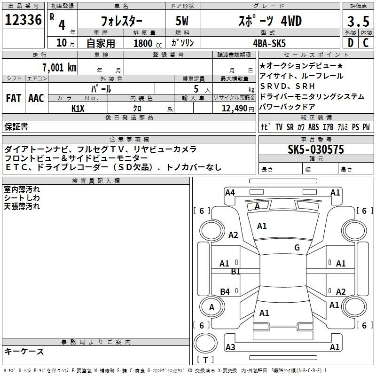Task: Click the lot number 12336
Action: click(x=23, y=20)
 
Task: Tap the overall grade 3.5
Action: click(x=358, y=21)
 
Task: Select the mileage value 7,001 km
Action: click(x=60, y=67)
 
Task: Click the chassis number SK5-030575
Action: click(x=316, y=149)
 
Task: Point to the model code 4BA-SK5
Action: click(x=269, y=43)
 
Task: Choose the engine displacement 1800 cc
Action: click(x=148, y=43)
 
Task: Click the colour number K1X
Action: click(x=78, y=109)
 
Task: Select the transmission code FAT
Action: click(x=14, y=98)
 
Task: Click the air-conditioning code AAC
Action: click(x=36, y=98)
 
